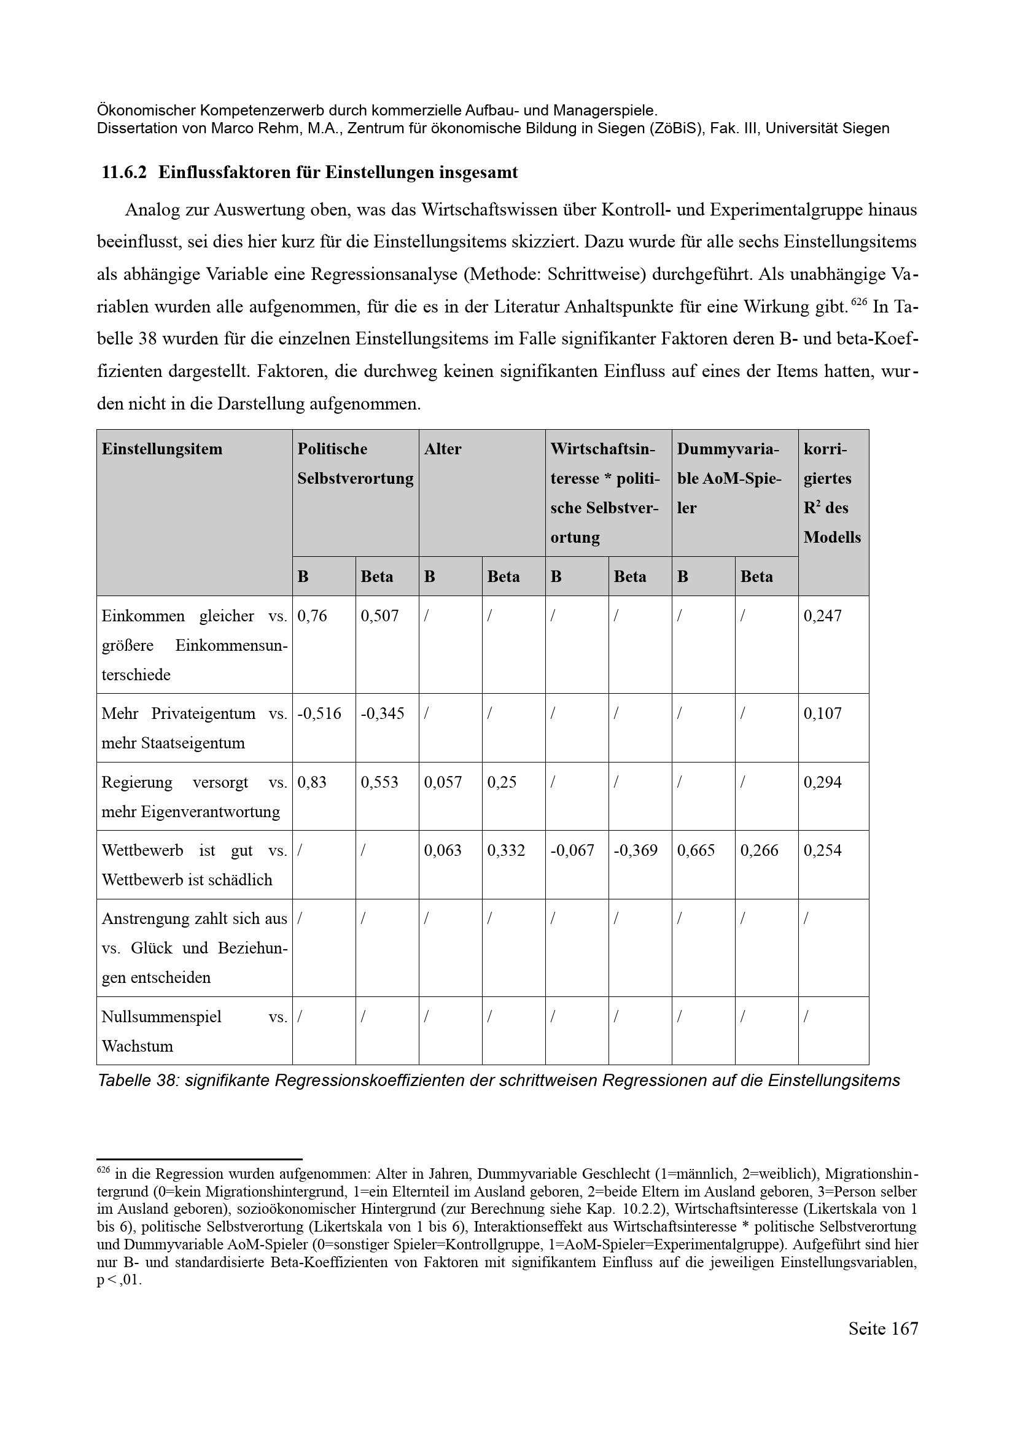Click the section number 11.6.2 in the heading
coord(124,173)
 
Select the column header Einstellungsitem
coord(161,449)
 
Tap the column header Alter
coord(442,449)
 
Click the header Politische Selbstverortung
coord(354,464)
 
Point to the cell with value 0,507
coord(379,616)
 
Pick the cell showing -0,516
coord(319,713)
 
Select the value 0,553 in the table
coord(379,782)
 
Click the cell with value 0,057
coord(443,782)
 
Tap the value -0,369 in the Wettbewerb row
coord(636,850)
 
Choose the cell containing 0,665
coord(696,850)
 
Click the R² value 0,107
coord(822,713)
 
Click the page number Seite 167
coord(883,1345)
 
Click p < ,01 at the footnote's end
coord(119,1280)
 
